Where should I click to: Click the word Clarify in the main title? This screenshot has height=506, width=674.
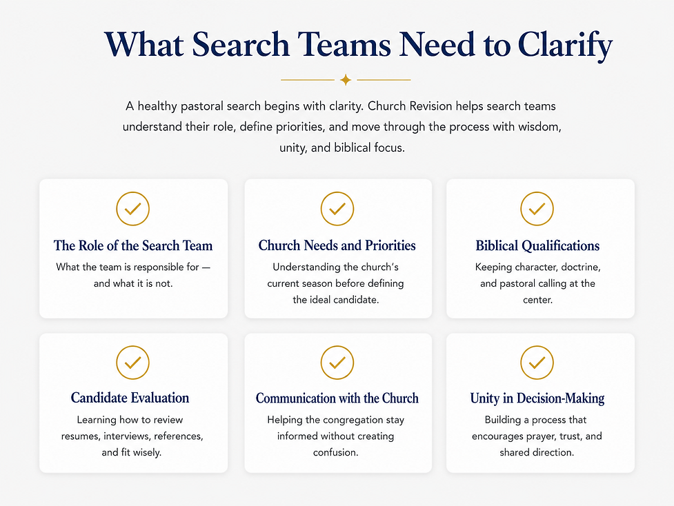(565, 45)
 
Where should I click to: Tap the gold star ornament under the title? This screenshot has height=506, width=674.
(346, 80)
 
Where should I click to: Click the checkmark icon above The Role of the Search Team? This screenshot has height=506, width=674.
(133, 209)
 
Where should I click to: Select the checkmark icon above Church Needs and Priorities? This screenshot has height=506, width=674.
(337, 209)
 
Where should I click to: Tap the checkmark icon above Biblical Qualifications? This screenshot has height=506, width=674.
(537, 209)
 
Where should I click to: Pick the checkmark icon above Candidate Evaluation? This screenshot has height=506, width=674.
(133, 363)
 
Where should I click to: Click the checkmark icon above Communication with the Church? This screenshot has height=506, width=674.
(337, 363)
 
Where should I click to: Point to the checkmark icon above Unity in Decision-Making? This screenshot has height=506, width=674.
(537, 363)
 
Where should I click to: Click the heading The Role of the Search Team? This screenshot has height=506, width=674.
(133, 245)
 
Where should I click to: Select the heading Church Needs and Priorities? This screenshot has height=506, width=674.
(337, 245)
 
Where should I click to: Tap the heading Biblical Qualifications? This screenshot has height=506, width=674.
(537, 245)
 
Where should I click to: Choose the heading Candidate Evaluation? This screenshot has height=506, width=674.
(130, 398)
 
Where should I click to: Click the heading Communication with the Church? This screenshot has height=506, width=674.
(337, 398)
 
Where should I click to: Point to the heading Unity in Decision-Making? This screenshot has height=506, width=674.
(537, 398)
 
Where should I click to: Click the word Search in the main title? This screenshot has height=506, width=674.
(241, 44)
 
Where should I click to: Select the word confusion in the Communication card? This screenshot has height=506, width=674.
(336, 453)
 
